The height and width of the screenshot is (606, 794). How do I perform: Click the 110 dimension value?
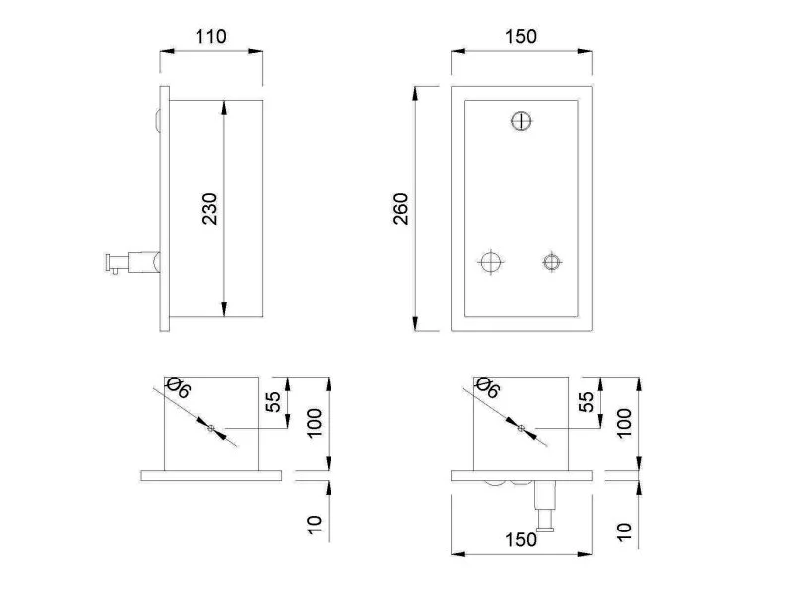pyautogui.click(x=211, y=37)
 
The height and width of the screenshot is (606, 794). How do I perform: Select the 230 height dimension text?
pyautogui.click(x=209, y=209)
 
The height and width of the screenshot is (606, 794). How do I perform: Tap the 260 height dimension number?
pyautogui.click(x=401, y=209)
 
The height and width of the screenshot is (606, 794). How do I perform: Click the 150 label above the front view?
pyautogui.click(x=520, y=37)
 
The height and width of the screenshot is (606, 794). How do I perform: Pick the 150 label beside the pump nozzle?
pyautogui.click(x=520, y=540)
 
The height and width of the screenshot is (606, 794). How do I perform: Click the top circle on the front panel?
pyautogui.click(x=521, y=121)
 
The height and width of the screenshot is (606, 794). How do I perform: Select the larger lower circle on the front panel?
pyautogui.click(x=490, y=262)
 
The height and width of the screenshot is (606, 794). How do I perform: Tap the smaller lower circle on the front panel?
pyautogui.click(x=552, y=262)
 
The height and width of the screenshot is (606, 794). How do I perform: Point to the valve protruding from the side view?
pyautogui.click(x=133, y=262)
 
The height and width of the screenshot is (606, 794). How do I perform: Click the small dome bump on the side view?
pyautogui.click(x=158, y=121)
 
